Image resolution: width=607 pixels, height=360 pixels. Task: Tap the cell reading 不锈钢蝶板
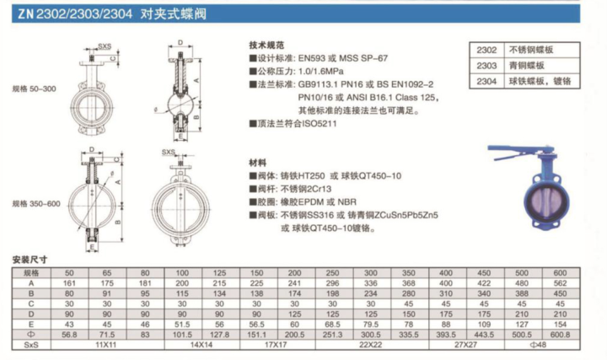click(x=530, y=51)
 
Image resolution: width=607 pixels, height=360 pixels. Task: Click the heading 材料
click(x=259, y=161)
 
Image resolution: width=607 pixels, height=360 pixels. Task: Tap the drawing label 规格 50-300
click(x=33, y=87)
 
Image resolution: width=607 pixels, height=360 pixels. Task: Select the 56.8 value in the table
click(x=69, y=334)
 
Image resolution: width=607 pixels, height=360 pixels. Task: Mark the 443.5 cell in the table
click(x=483, y=334)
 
